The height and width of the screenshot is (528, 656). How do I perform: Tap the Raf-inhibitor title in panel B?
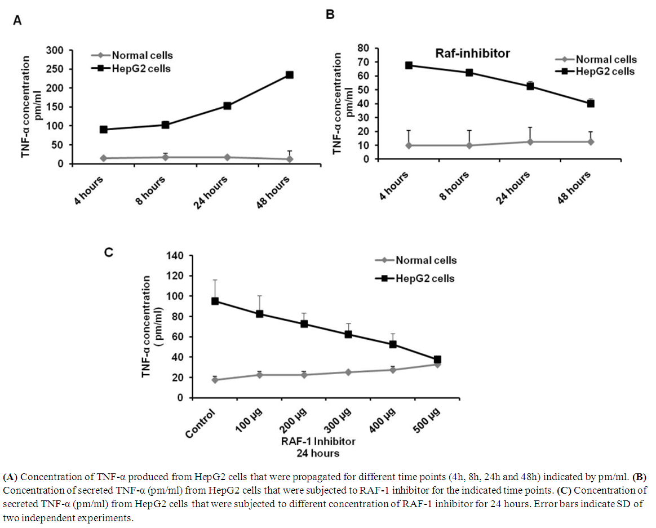(472, 54)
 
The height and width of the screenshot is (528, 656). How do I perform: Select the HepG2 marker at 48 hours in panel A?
(290, 75)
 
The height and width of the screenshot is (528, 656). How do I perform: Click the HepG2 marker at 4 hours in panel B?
(409, 65)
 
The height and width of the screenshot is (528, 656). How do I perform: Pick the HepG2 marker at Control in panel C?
(215, 301)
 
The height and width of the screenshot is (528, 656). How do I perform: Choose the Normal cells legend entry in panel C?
(425, 260)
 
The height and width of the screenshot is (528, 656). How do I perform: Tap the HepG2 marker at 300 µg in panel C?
(349, 334)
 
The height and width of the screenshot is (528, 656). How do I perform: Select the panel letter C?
(110, 252)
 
